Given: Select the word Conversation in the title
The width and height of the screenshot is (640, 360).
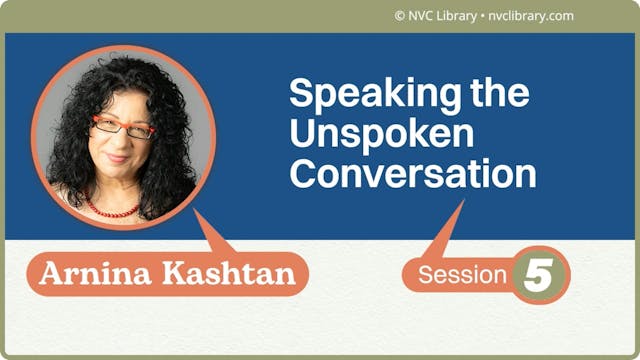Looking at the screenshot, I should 413,173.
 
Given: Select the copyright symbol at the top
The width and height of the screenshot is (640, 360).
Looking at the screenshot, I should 399,16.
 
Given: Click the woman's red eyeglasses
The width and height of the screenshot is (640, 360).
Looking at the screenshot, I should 123,128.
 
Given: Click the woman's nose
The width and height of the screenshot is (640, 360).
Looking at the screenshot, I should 119,142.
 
